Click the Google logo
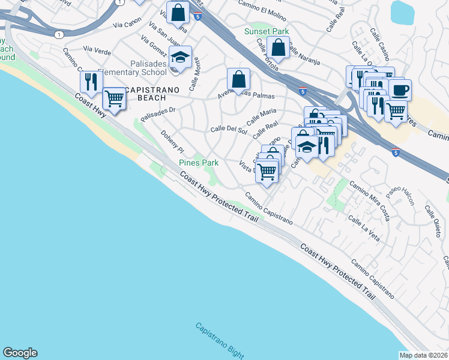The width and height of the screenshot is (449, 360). pyautogui.click(x=20, y=353)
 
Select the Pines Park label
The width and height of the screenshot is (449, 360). pyautogui.click(x=199, y=163)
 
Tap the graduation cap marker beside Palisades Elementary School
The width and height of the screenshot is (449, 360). pyautogui.click(x=179, y=58)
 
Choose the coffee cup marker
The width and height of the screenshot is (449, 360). pyautogui.click(x=400, y=91)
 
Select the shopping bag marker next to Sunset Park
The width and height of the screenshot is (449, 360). pyautogui.click(x=279, y=47)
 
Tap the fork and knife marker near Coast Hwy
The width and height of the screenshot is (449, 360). pyautogui.click(x=91, y=82)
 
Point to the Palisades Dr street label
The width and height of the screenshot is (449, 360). pyautogui.click(x=157, y=114)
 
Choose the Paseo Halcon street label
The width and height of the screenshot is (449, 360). pyautogui.click(x=400, y=194)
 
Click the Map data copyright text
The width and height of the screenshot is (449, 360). pyautogui.click(x=423, y=355)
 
